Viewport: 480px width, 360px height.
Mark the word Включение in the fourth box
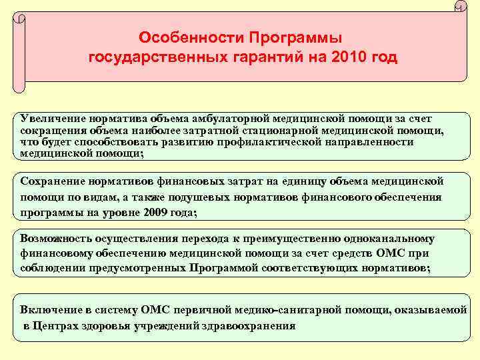(49, 310)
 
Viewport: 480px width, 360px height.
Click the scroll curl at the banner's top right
(460, 8)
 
